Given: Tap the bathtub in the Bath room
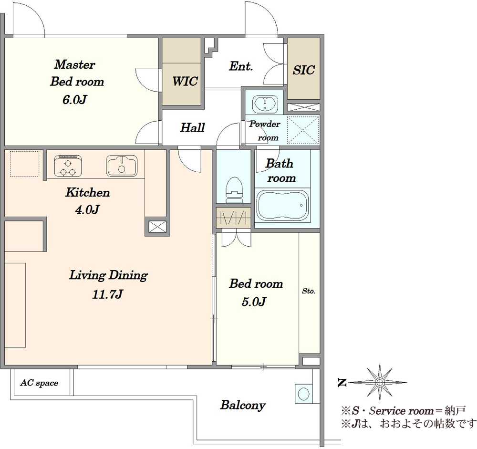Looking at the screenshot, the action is pos(282,205).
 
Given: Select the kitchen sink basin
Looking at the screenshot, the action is pos(122,166).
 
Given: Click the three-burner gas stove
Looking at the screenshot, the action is pos(68,166).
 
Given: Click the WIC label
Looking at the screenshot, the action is pos(185,81).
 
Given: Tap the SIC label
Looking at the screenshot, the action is pos(303,70).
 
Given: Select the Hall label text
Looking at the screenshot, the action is pos(192,127).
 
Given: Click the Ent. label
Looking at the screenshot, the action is pos(240,66).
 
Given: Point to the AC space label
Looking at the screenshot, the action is pos(39,383).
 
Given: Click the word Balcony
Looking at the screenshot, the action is pos(243,405).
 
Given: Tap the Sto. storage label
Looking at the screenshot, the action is pos(309,291).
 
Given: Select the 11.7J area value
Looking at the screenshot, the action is pos(107,294).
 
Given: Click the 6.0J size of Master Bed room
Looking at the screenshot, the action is pos(74,100).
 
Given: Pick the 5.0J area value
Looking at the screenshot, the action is pos(254,302).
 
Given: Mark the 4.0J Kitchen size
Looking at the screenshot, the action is pos(87,209).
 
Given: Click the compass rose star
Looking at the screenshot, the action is pos(379,382).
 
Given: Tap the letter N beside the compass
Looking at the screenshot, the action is pos(342,383).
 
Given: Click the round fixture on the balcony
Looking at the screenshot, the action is pos(303,394).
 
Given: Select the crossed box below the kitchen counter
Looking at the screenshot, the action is pos(157,227).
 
